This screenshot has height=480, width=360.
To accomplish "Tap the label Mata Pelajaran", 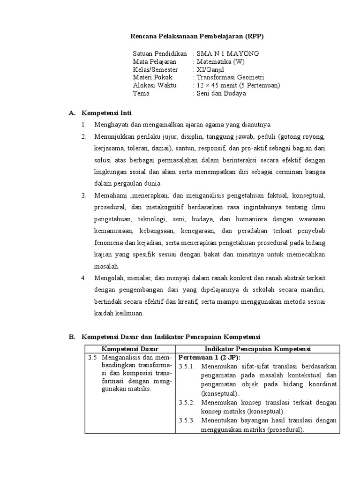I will (155, 61).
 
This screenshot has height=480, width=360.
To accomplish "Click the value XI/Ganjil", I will (211, 69).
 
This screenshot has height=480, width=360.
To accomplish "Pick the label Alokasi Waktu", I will (154, 85).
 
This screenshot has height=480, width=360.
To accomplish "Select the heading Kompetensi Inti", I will (107, 113).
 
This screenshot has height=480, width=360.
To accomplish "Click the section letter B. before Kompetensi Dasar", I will (72, 337).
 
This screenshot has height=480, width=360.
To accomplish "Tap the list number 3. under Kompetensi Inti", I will (84, 195).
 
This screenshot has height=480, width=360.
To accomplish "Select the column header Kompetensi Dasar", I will (130, 349).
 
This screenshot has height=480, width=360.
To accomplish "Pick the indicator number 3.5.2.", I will (187, 403).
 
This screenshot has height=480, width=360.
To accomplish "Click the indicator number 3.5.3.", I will (187, 420).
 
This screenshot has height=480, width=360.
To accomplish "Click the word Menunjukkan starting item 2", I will (115, 136).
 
